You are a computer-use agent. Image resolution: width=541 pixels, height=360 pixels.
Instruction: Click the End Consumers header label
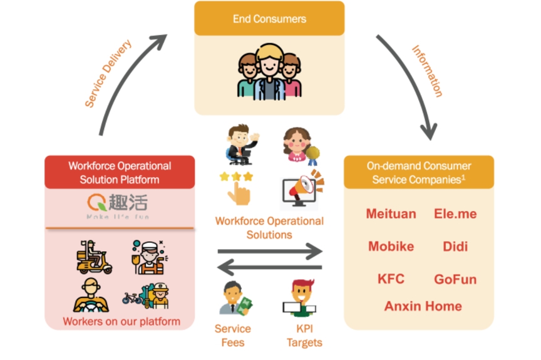[x=269, y=19]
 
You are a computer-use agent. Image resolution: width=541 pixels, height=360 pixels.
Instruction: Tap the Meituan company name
[x=391, y=214]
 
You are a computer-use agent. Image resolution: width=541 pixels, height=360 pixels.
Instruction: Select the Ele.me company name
[x=455, y=214]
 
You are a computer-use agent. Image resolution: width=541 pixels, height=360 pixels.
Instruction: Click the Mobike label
[x=391, y=246]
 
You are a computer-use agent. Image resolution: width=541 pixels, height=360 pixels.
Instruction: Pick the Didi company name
[x=455, y=246]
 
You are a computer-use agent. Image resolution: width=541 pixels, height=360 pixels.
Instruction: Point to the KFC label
[x=391, y=279]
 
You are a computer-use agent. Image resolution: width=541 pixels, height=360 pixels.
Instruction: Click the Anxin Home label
[x=423, y=306]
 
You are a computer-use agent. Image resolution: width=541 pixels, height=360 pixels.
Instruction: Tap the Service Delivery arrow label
[x=108, y=74]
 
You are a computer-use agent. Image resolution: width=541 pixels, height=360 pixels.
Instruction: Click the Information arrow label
[x=426, y=71]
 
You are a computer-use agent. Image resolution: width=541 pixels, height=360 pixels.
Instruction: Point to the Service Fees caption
[x=232, y=335]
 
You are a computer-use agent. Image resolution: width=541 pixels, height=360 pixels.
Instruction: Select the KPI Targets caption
[x=304, y=335]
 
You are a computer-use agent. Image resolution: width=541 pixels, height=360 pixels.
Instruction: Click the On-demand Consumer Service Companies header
[x=418, y=173]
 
